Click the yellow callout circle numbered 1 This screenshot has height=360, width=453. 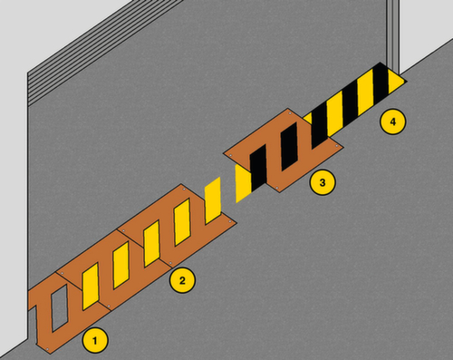[95, 340]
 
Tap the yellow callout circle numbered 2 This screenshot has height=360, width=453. [182, 280]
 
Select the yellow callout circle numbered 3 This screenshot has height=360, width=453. [323, 182]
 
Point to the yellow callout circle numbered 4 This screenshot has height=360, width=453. [392, 122]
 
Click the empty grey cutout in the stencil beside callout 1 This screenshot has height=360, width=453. [59, 307]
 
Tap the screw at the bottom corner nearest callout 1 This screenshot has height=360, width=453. [47, 349]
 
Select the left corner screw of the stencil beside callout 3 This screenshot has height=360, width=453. [230, 155]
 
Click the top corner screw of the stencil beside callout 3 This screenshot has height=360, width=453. [290, 113]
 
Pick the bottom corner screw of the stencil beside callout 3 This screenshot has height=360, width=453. [277, 188]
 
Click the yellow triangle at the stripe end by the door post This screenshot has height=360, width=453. [395, 81]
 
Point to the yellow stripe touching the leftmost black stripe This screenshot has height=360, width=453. [243, 183]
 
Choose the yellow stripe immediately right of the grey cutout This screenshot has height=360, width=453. [91, 287]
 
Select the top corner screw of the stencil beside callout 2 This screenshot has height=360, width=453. [184, 190]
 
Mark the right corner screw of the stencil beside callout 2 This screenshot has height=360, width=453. [230, 222]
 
